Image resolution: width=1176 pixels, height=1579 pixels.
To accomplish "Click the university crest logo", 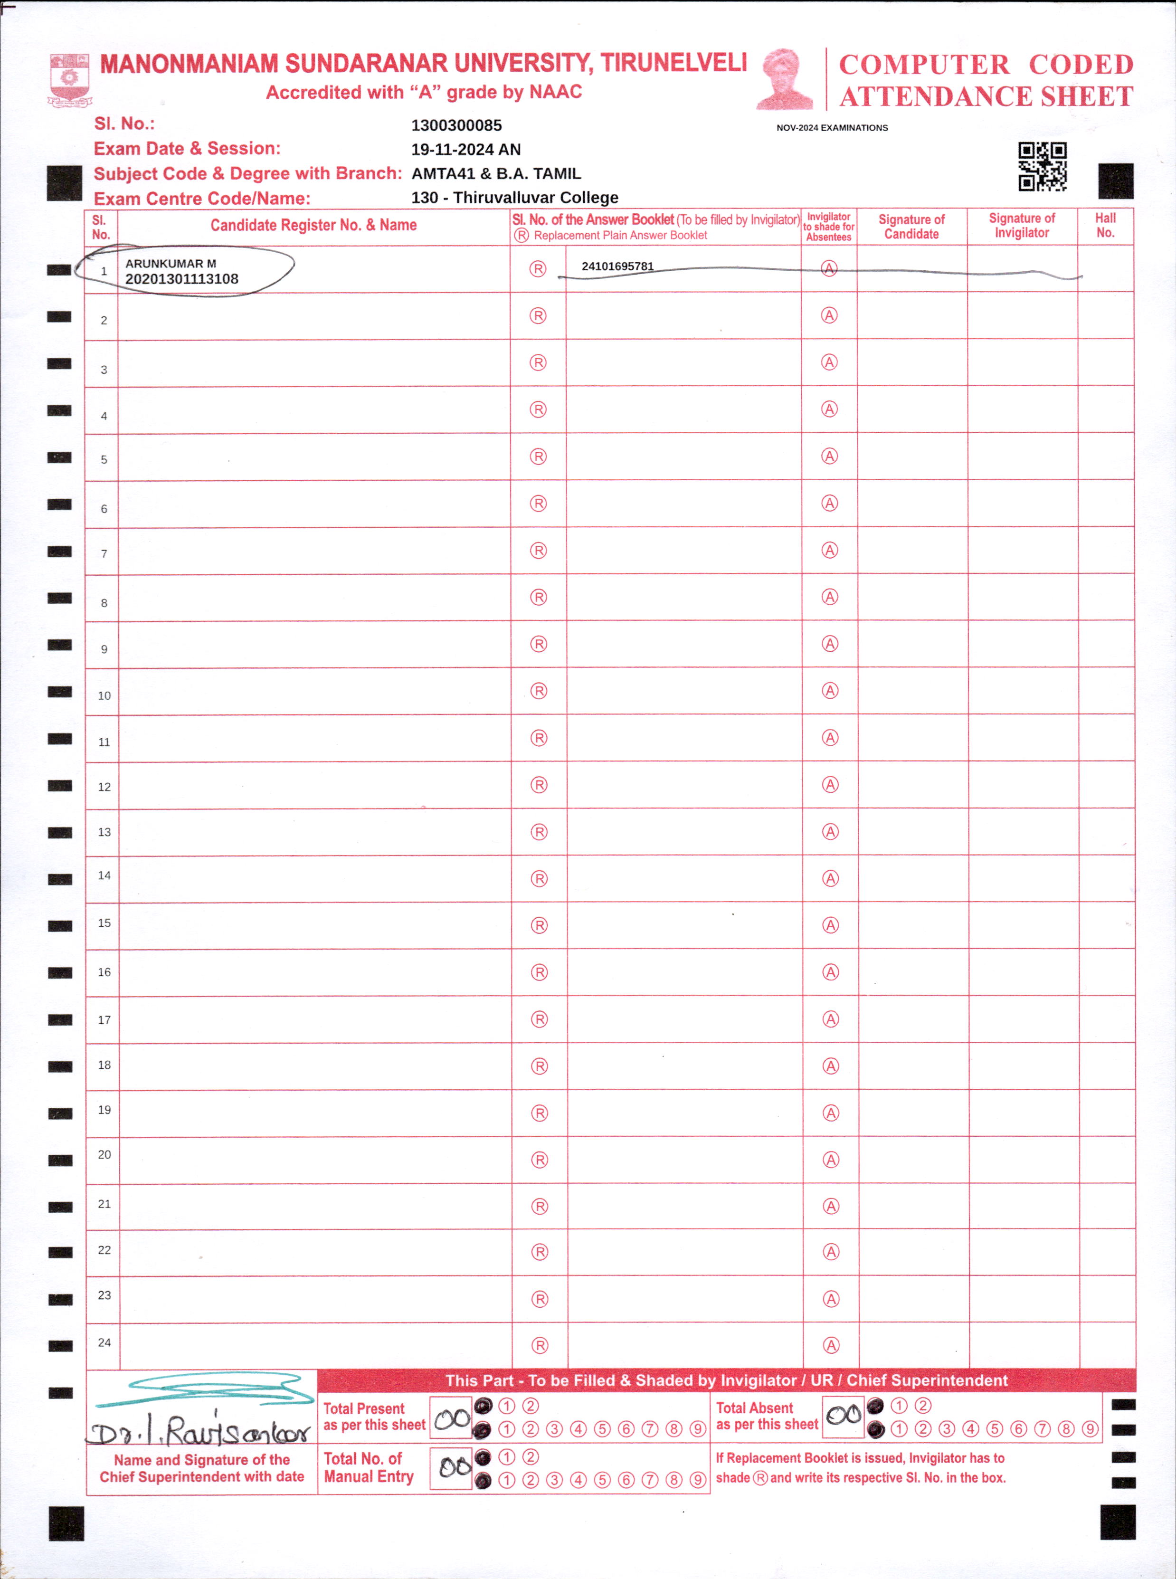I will click(x=69, y=79).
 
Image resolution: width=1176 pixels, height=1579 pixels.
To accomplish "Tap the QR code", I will click(x=1042, y=167).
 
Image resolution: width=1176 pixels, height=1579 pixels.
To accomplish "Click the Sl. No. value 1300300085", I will click(x=456, y=125).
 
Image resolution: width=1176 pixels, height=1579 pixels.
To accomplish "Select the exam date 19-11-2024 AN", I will click(x=465, y=150).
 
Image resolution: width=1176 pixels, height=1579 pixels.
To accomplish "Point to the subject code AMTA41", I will click(x=443, y=174).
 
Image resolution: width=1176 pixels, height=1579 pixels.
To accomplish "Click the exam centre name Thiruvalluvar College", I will click(x=535, y=198).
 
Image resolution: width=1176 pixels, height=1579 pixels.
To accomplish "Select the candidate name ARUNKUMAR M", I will click(x=171, y=263).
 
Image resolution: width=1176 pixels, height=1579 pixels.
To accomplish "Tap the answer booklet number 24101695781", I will click(x=617, y=266).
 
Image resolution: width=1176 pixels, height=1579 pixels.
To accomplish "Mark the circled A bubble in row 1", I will click(x=829, y=268).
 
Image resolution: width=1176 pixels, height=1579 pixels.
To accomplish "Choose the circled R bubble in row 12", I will click(x=539, y=785).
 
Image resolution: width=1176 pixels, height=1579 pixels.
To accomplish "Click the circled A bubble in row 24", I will click(x=831, y=1345).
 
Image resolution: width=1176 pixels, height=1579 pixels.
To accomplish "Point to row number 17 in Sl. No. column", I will click(x=104, y=1019).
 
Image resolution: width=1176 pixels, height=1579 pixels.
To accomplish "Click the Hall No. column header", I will click(x=1105, y=226).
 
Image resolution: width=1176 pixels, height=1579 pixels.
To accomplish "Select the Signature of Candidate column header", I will click(x=911, y=227).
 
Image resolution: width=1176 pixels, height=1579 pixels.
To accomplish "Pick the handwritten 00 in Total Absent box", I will click(x=844, y=1415).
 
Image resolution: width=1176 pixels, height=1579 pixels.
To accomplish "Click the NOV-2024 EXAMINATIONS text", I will click(x=832, y=128).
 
